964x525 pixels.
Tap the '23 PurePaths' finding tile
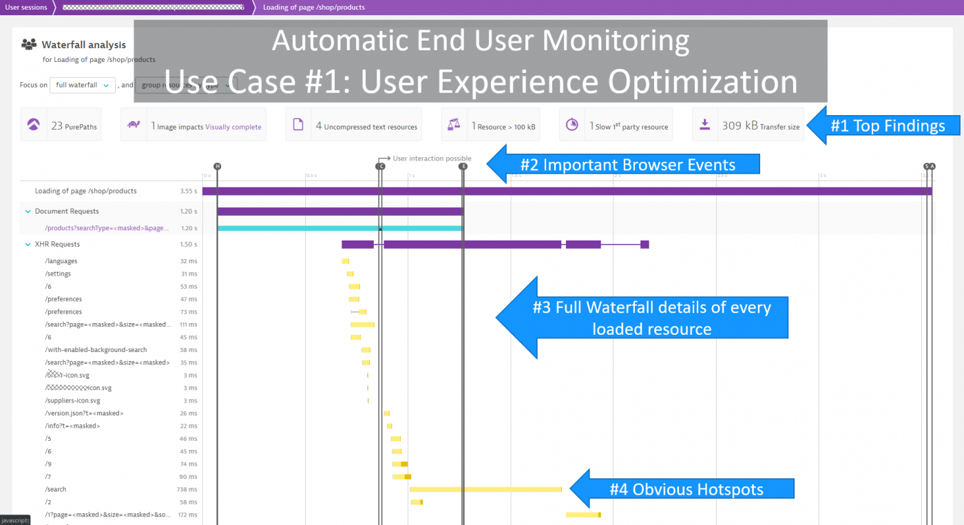coord(61,125)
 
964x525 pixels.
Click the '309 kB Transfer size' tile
coord(748,125)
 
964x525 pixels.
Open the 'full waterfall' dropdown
coord(82,85)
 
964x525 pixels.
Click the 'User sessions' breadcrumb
coord(26,7)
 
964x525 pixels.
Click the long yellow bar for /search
coord(485,489)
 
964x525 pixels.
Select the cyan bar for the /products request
coord(340,228)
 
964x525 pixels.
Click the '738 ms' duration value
coord(187,489)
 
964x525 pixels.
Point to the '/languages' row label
coord(61,261)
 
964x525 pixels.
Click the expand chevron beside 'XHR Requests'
coord(28,245)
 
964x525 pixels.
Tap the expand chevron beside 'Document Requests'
coord(28,212)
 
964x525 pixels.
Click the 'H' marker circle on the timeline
coord(218,167)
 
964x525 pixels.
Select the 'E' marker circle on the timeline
coord(463,167)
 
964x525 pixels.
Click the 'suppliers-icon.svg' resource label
coord(72,400)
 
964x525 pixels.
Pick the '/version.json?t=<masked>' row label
coord(84,413)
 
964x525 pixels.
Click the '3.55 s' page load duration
coord(188,191)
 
